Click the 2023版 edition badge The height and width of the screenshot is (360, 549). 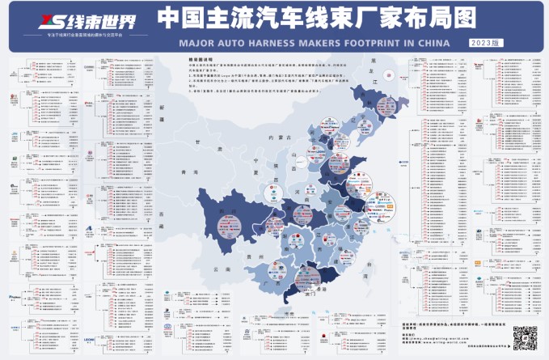tap(482, 39)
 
